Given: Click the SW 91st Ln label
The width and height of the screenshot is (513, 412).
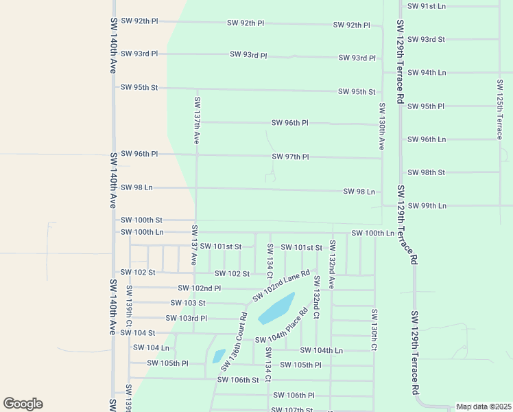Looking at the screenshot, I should coord(427,6).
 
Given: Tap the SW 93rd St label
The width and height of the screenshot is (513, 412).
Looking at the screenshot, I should coord(427,39).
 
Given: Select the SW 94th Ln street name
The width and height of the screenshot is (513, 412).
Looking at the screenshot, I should coord(427,72).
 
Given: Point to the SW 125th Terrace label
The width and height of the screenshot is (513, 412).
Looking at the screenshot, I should coord(500,109).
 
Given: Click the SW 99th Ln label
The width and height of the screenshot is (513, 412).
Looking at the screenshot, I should coord(427,206).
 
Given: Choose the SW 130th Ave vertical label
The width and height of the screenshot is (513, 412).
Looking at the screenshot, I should coord(381,126).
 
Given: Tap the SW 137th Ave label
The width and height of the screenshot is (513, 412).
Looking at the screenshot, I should coord(197,120).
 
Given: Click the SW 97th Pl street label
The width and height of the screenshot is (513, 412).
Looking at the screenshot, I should coord(290,157).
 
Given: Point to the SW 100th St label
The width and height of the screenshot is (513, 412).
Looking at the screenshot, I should coord(141,220).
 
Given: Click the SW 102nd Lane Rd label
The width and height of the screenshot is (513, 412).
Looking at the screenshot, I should coord(281,285).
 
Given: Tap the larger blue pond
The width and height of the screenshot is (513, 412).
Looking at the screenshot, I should coord(276,308).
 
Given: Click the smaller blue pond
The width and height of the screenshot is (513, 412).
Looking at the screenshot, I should coord(218,356).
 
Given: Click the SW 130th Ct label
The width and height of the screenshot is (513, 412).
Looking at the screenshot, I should coord(374,330).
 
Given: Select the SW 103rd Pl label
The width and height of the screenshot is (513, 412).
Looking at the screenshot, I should coord(186,318).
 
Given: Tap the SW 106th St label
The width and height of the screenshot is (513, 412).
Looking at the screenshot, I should coord(238,380).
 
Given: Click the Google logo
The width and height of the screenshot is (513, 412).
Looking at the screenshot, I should coord(23,404).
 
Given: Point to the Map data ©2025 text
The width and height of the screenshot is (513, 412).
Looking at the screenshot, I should coord(484,407).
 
